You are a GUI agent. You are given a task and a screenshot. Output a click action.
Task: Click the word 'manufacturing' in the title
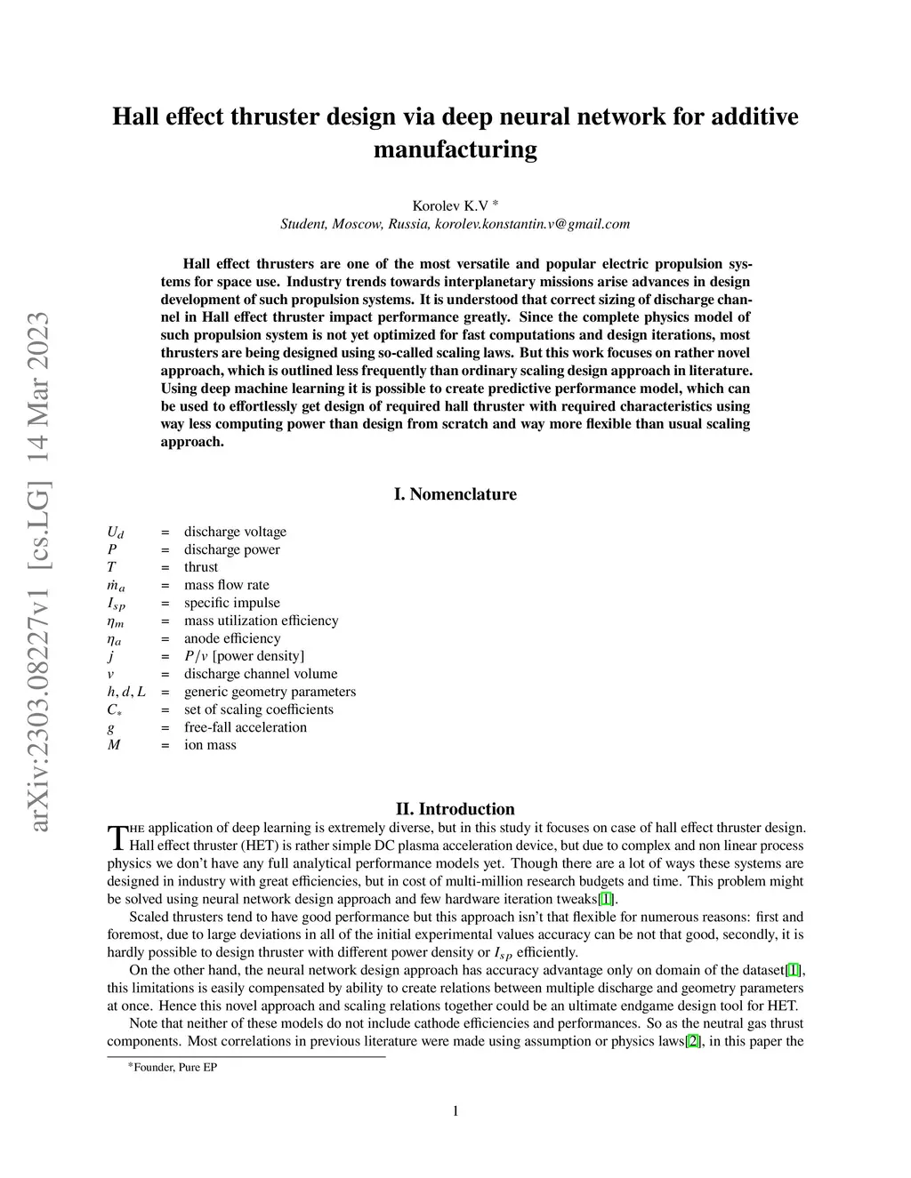tap(455, 149)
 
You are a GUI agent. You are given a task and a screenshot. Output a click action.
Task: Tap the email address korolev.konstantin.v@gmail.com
tap(532, 224)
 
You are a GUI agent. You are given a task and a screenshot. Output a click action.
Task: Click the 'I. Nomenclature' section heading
tap(455, 494)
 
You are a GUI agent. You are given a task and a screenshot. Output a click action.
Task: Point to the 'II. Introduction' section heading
tap(455, 809)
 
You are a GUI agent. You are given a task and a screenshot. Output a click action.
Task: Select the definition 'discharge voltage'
tap(235, 532)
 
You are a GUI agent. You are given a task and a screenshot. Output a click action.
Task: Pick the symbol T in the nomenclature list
tap(111, 567)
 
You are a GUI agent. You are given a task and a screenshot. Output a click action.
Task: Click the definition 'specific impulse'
tap(231, 603)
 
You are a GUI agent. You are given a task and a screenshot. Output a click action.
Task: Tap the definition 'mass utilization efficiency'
tap(261, 621)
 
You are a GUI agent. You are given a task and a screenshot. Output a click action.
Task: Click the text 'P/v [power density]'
tap(244, 656)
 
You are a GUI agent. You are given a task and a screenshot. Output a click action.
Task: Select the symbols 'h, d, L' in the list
tap(126, 692)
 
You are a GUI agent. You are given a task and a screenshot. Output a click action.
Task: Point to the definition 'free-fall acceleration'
tap(245, 727)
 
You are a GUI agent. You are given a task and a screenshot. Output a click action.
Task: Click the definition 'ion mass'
tap(210, 745)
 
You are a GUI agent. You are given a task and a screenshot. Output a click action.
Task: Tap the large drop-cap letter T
tap(117, 837)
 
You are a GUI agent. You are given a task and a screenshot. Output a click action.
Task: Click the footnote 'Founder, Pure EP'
tap(174, 1067)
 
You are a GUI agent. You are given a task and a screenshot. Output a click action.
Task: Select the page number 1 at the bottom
tap(455, 1110)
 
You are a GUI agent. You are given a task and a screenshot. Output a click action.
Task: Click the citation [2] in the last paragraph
tap(694, 1041)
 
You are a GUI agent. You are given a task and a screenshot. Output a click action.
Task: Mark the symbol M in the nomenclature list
tap(114, 745)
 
